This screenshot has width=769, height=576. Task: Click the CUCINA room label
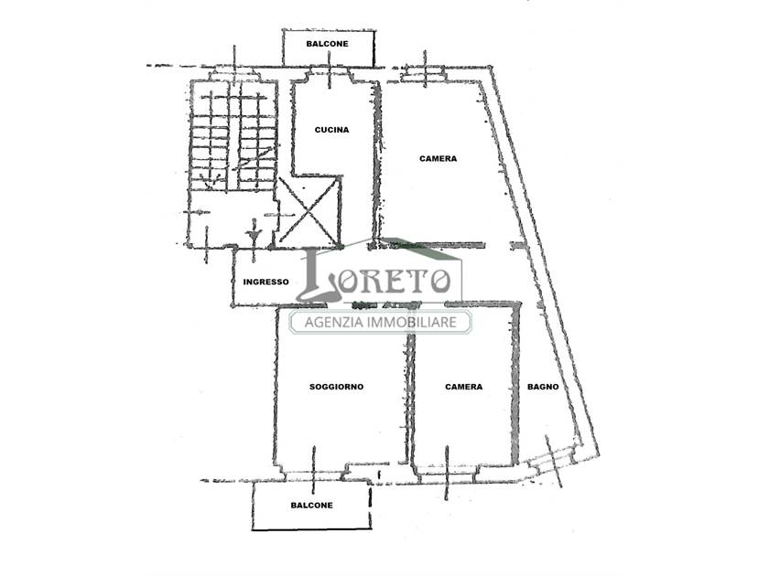tap(331, 130)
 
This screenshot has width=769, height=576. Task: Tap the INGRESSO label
tap(265, 283)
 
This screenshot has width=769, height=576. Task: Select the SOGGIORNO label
tap(337, 387)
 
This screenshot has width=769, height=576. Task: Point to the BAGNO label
tap(543, 387)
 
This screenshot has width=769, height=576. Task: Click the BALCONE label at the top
tap(327, 44)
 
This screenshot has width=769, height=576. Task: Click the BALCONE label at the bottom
tap(311, 505)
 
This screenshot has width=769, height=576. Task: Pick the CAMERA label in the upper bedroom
tap(438, 159)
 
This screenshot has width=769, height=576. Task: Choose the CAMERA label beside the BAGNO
tap(463, 387)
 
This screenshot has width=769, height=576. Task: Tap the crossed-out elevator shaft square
tap(308, 210)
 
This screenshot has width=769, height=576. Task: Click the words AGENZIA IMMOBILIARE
tap(381, 322)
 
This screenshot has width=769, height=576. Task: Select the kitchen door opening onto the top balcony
tap(329, 74)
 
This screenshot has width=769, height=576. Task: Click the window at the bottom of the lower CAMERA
tap(447, 472)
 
